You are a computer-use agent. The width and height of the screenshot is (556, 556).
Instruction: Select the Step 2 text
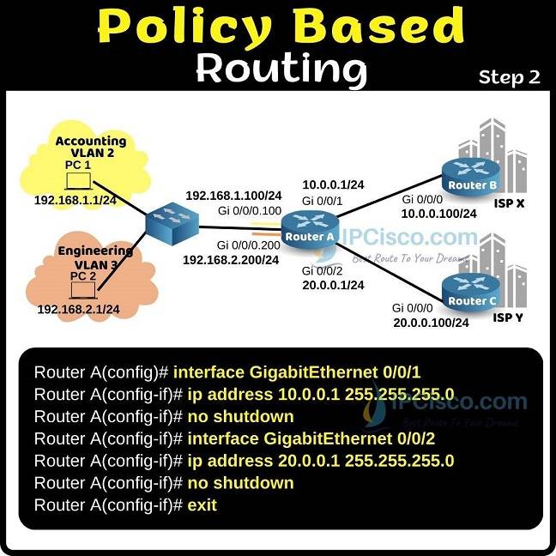point(509,77)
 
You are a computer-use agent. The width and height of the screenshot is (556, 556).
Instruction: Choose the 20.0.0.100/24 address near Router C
point(430,323)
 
